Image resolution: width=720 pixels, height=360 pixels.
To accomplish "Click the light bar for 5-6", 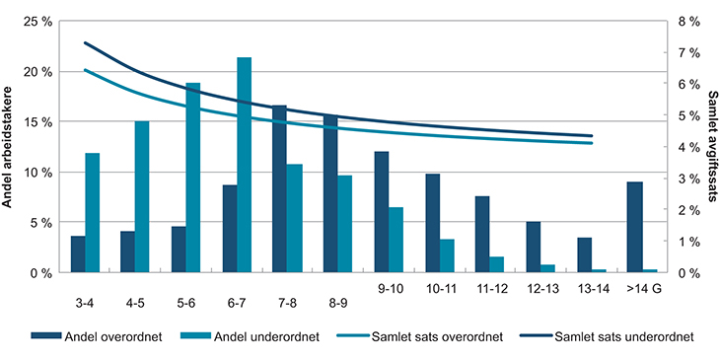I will (x=193, y=178).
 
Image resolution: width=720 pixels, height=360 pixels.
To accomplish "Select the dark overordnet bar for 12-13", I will (x=533, y=247).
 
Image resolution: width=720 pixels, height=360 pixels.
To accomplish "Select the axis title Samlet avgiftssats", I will (x=712, y=146).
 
